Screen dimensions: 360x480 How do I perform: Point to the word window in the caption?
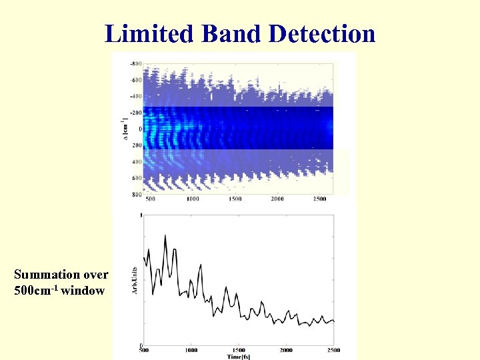click(83, 290)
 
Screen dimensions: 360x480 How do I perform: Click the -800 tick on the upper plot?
click(135, 63)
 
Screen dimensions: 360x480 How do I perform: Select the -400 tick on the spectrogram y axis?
click(135, 96)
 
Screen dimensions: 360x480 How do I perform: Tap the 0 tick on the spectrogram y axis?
click(139, 129)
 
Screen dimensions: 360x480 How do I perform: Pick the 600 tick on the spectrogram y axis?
click(136, 178)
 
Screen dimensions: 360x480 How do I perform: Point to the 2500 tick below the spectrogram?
click(319, 199)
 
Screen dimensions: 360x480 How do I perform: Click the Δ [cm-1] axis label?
click(124, 129)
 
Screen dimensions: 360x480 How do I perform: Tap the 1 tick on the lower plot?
click(139, 215)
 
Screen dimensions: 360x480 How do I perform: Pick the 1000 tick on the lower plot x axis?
click(191, 350)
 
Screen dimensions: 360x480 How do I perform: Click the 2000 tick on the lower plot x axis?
click(287, 350)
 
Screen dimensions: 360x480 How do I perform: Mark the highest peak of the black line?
click(165, 235)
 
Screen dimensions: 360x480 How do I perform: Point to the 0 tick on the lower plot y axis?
click(139, 345)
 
